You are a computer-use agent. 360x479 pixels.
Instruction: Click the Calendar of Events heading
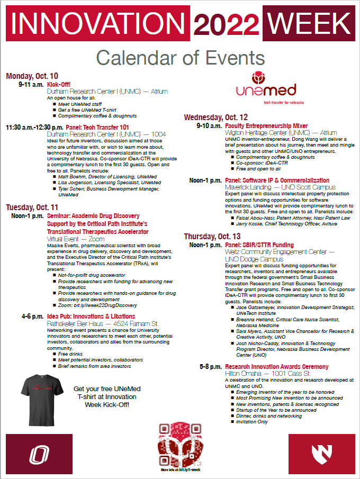pyautogui.click(x=180, y=57)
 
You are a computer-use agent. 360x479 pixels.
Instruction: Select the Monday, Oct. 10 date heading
pyautogui.click(x=32, y=76)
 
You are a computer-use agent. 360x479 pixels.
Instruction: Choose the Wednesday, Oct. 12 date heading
pyautogui.click(x=215, y=118)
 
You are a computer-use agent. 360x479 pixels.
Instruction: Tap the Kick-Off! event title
pyautogui.click(x=59, y=84)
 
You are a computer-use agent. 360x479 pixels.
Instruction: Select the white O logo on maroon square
pyautogui.click(x=39, y=454)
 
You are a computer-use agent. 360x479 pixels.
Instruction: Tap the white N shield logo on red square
pyautogui.click(x=321, y=454)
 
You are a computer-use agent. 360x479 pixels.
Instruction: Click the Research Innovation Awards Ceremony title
pyautogui.click(x=276, y=367)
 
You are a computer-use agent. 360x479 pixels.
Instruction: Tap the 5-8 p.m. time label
pyautogui.click(x=211, y=367)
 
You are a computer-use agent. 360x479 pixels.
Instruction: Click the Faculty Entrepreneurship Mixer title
pyautogui.click(x=266, y=126)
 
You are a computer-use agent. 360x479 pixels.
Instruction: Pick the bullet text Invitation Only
pyautogui.click(x=252, y=422)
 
